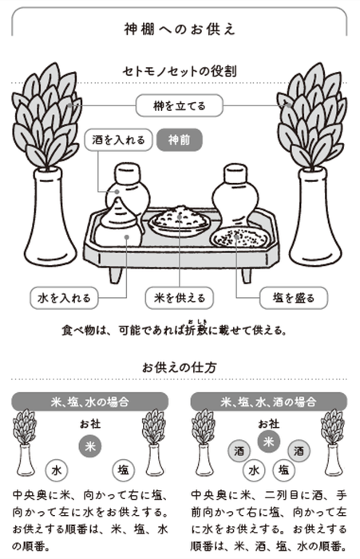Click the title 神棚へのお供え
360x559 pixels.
click(x=180, y=30)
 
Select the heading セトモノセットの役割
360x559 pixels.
click(x=180, y=70)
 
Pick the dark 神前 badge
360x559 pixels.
click(x=180, y=140)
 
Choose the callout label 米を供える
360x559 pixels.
click(x=180, y=299)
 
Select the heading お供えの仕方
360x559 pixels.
click(x=180, y=368)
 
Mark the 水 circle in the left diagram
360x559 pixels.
click(x=56, y=469)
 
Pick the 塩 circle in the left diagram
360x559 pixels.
click(x=124, y=469)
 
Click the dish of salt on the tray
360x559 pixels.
click(x=238, y=236)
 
